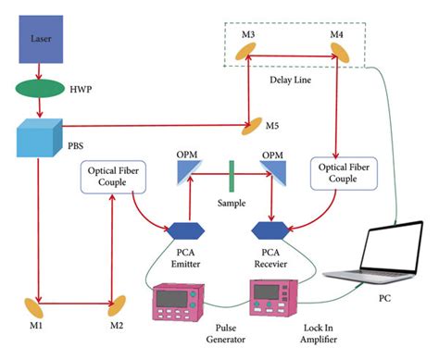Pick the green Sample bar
point(228,172)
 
